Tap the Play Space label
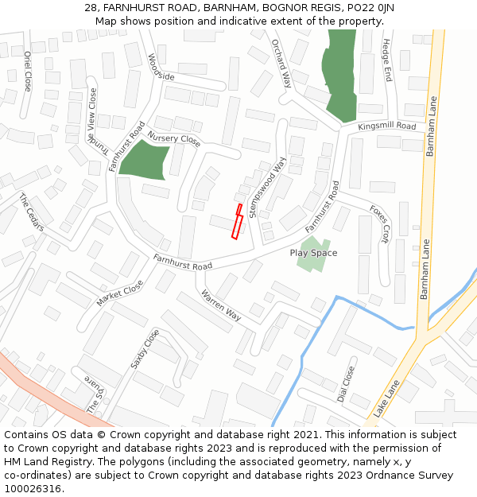coord(313,253)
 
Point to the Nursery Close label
coord(174,139)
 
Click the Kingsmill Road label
coord(386,126)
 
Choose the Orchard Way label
coord(281,63)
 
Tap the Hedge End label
coord(387,61)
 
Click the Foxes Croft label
coord(380,223)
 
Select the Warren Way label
coord(221,305)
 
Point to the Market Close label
coord(120,293)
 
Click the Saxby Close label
coord(145,349)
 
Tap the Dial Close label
coord(347,384)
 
